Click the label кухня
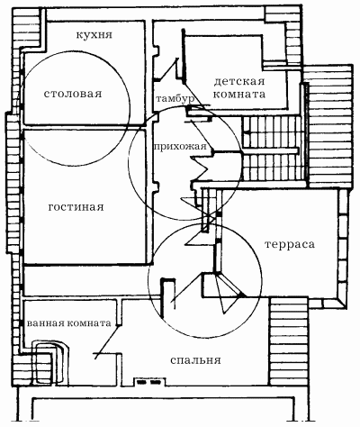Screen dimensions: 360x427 (94, 34)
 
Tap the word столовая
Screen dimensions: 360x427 (73, 94)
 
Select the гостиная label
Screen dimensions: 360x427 (76, 207)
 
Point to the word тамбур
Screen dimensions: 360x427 (175, 98)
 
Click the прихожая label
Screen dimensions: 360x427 (180, 147)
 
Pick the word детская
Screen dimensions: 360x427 (239, 81)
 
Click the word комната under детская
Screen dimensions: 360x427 (239, 95)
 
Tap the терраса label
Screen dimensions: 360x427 (290, 244)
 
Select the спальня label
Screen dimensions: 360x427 (195, 360)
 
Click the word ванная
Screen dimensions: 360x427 (45, 323)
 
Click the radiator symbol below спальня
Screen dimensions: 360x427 (149, 382)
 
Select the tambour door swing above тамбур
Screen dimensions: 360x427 (166, 69)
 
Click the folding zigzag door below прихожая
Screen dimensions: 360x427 (202, 169)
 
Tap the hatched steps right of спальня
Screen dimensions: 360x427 (289, 341)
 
